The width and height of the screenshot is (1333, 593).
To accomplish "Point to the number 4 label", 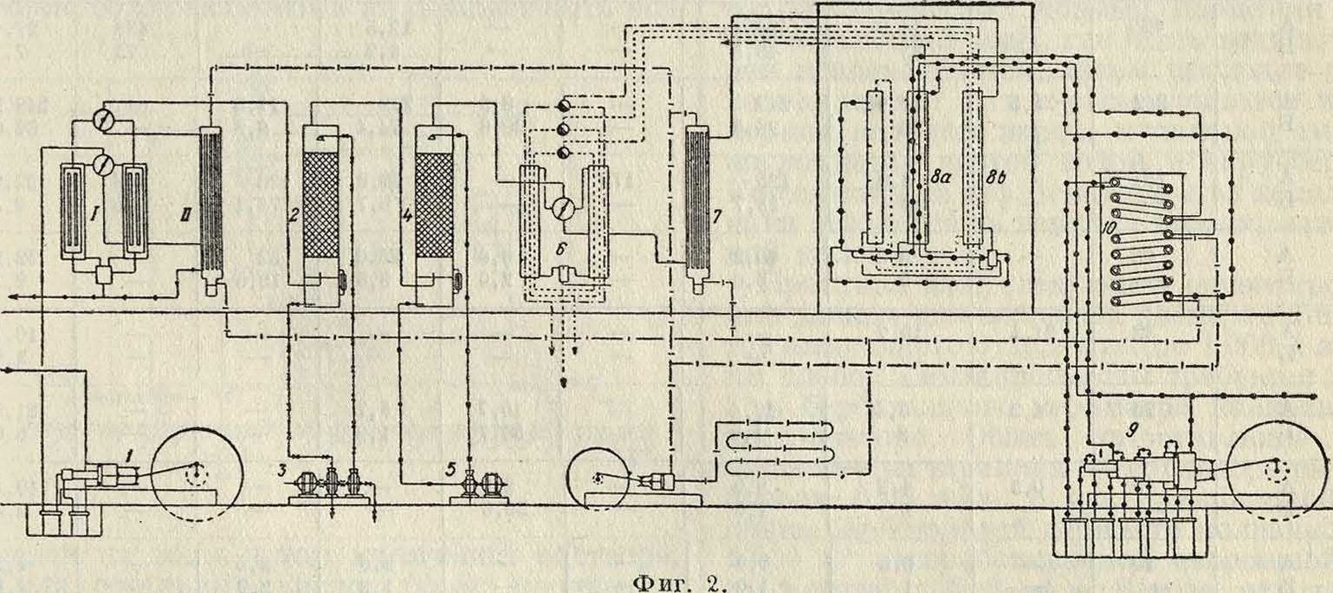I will pyautogui.click(x=405, y=212).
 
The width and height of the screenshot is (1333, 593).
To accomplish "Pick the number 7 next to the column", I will pyautogui.click(x=716, y=213).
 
